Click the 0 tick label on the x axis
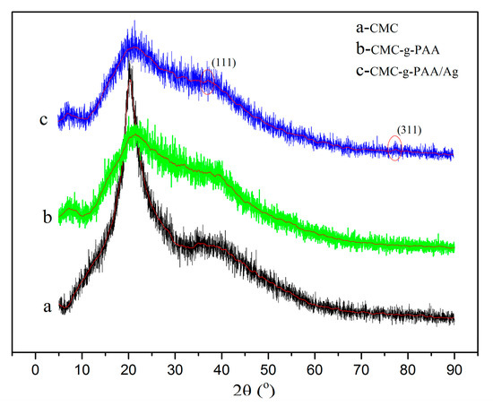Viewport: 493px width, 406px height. [35, 368]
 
